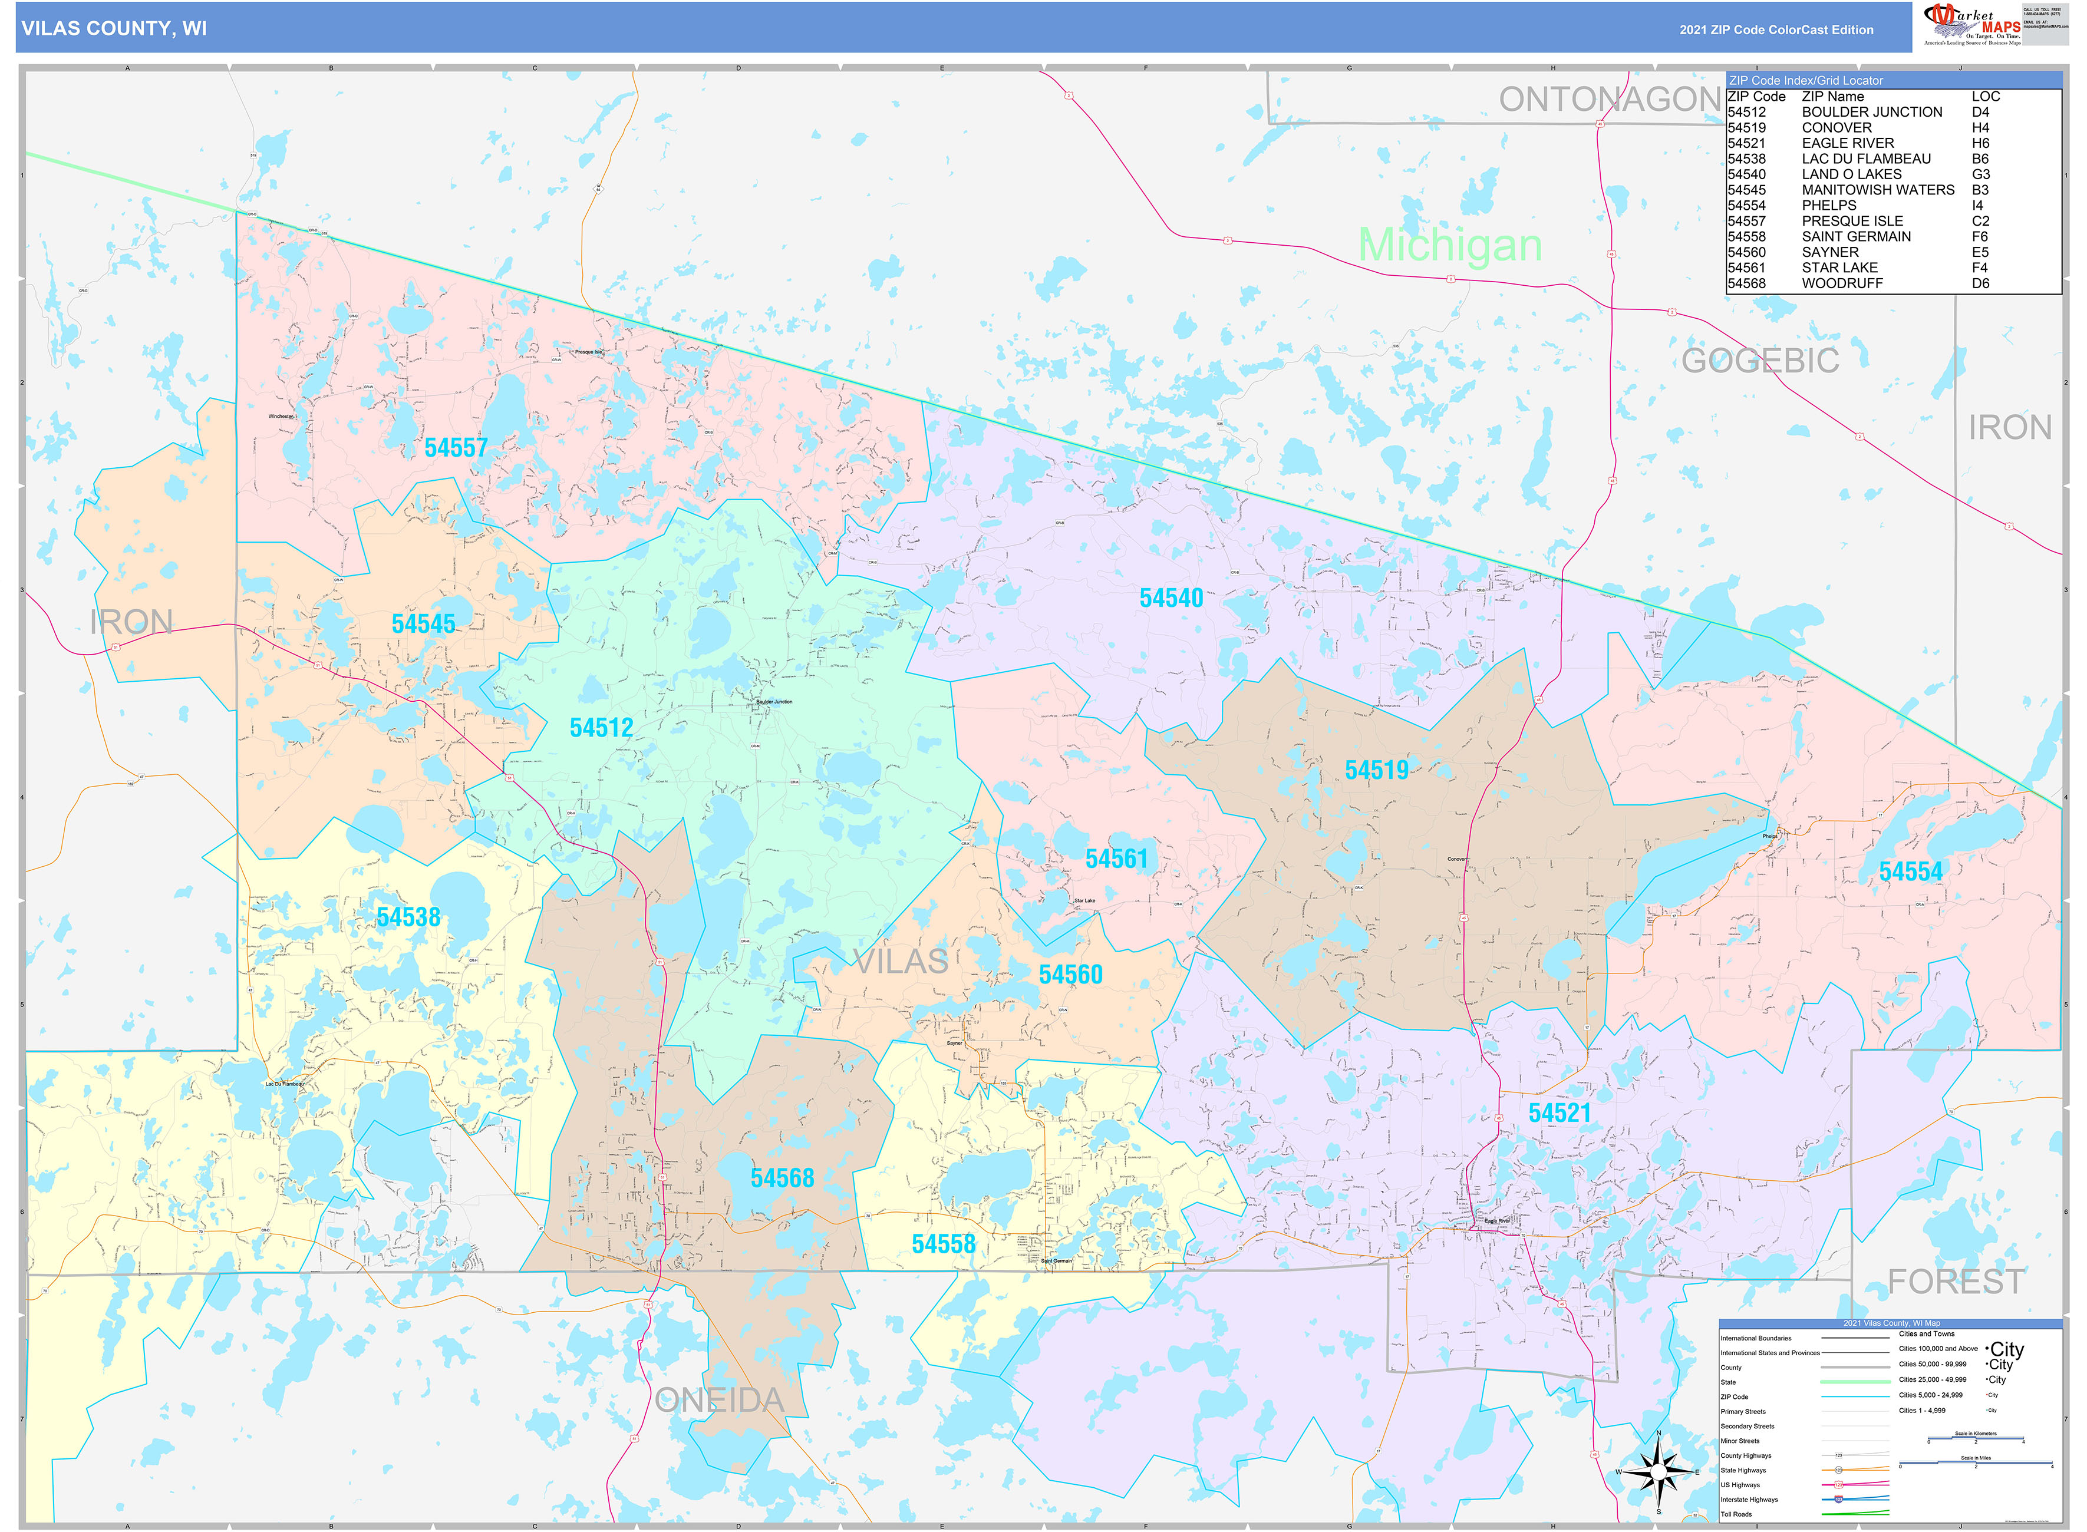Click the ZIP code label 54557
click(456, 448)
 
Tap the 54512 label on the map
click(601, 728)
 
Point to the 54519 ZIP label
click(1376, 770)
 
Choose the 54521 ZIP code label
click(1560, 1113)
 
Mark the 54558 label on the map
click(944, 1244)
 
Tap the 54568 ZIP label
click(782, 1178)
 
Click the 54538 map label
click(408, 917)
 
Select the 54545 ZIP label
click(423, 623)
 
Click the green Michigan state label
click(1450, 245)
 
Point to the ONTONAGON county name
click(1610, 99)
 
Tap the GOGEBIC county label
click(1759, 361)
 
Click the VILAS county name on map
click(900, 962)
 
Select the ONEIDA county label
click(720, 1401)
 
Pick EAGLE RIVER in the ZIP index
click(1848, 143)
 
